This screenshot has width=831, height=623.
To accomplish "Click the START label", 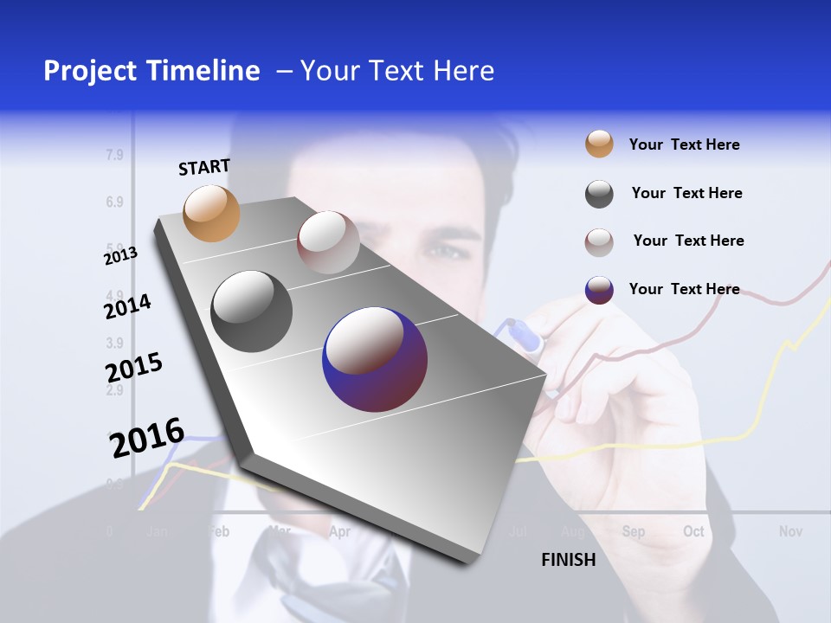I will [204, 167].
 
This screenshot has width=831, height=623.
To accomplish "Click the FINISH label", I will [569, 560].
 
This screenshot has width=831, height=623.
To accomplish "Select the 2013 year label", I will [120, 255].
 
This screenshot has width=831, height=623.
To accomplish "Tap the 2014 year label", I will [127, 305].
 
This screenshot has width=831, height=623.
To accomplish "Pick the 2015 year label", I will [134, 367].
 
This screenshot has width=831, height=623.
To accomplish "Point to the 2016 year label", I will [147, 437].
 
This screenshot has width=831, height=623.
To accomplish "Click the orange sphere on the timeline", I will [212, 213].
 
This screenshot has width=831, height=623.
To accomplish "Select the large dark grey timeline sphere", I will [251, 311].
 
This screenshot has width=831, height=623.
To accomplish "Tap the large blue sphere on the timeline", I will [375, 359].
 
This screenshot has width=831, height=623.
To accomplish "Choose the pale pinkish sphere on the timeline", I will [328, 242].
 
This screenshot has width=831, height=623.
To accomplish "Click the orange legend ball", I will [599, 145].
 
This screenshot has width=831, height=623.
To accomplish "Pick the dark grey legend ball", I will [599, 194].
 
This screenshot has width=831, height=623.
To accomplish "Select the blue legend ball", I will [599, 290].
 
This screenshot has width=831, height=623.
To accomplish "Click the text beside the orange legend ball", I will [684, 145].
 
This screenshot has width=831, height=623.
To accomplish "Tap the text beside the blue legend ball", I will [684, 289].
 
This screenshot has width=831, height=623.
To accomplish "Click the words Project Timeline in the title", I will [151, 71].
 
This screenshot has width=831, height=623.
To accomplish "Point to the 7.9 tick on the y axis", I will [114, 156].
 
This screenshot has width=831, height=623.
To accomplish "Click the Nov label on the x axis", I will [790, 531].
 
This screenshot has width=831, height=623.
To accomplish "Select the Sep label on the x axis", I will [633, 531].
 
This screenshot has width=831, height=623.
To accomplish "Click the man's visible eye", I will [444, 252].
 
